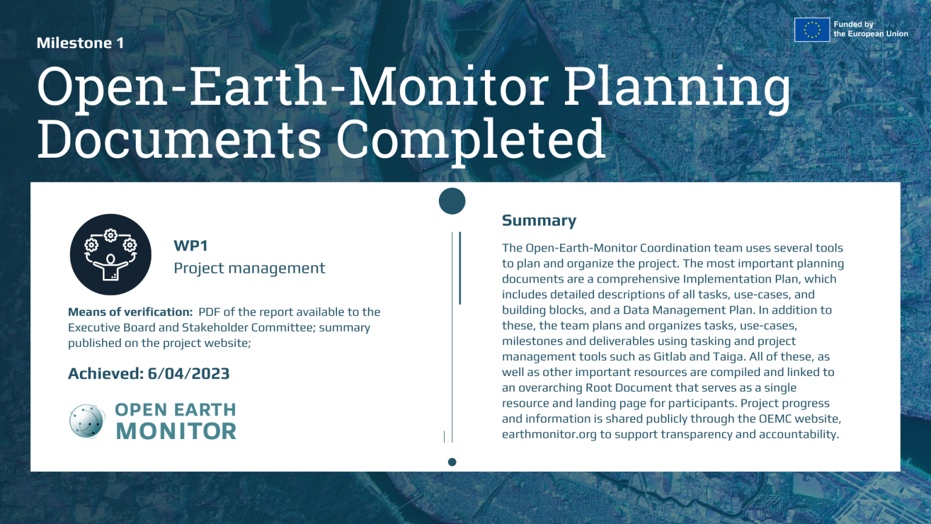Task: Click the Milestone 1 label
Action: click(80, 43)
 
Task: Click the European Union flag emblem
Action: click(812, 29)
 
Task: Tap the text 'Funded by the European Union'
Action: click(870, 29)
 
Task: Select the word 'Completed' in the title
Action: click(470, 140)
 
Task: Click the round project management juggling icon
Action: click(110, 254)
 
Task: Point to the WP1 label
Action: click(190, 246)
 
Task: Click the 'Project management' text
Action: click(249, 268)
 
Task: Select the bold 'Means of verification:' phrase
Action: click(130, 312)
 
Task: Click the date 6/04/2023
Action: click(189, 374)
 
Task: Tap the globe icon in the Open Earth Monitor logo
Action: click(87, 421)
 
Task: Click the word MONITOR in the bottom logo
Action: click(176, 431)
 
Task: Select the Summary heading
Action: click(539, 221)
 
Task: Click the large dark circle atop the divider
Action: click(452, 201)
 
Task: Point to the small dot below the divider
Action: click(452, 462)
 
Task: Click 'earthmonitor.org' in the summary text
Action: click(549, 434)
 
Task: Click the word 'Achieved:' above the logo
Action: click(105, 374)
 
